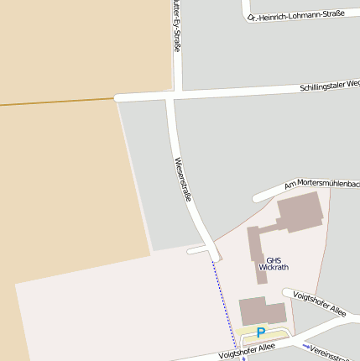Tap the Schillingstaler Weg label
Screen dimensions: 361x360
(329, 86)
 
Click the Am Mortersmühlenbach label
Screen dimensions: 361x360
(321, 184)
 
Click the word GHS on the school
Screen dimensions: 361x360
(274, 259)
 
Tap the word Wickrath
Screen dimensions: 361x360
(274, 268)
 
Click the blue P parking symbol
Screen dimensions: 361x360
(261, 332)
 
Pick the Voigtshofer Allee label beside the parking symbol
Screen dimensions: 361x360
(247, 351)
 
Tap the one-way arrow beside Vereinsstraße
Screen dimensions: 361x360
(308, 347)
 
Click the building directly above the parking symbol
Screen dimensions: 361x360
(262, 311)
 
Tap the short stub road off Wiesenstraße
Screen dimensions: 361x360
(199, 250)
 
